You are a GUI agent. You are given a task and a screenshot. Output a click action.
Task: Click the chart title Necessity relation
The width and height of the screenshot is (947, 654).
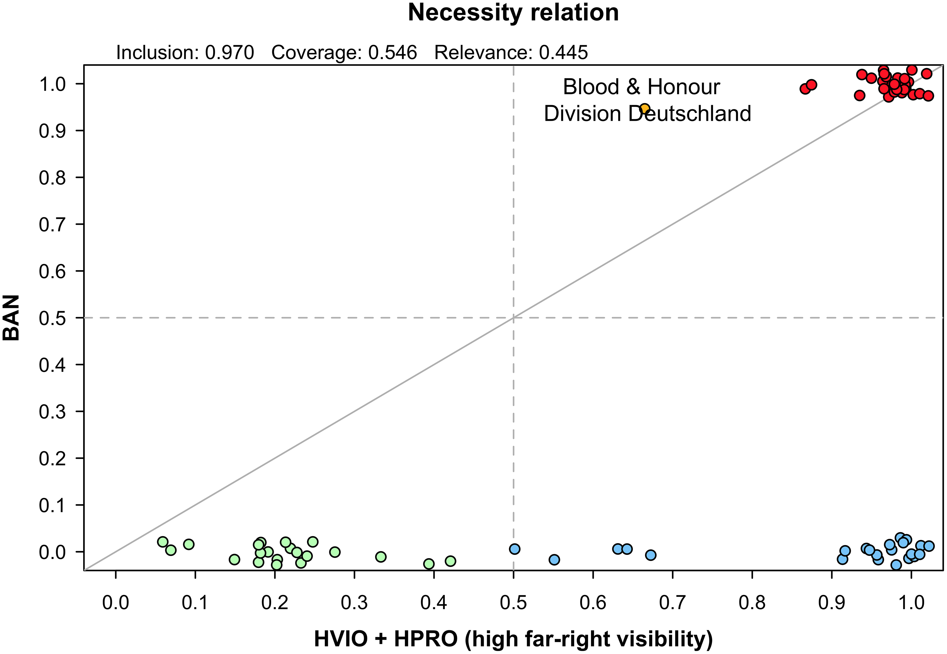coord(513,13)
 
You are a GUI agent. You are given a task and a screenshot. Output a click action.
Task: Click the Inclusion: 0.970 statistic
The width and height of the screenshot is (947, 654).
coord(185,53)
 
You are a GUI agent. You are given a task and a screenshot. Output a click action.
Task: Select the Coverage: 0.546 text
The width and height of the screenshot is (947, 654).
coord(344,53)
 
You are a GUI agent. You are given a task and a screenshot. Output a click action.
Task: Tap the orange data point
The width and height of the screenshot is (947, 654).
coord(645,109)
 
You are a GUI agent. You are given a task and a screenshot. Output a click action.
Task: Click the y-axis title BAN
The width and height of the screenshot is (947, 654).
coord(12,318)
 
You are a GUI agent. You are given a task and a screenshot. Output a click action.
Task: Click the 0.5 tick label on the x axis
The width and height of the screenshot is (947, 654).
coord(513,603)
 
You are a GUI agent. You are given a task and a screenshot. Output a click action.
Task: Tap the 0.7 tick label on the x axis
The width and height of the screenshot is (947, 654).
coord(672,603)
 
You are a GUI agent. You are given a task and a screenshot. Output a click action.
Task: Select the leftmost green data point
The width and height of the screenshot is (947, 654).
coord(163,542)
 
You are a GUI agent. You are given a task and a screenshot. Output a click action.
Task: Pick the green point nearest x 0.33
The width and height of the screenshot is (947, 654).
coord(381,556)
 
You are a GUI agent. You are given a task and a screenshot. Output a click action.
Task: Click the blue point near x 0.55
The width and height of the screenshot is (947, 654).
coord(554,559)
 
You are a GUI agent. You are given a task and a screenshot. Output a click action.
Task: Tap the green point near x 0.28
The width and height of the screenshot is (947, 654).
coord(335,552)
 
